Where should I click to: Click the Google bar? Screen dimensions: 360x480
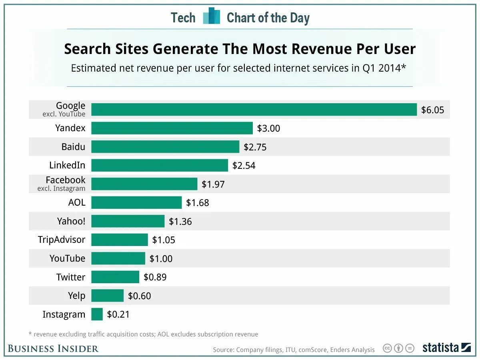[x=254, y=110]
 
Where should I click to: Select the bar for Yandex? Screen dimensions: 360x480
[x=172, y=128]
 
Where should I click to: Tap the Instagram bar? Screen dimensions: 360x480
[x=97, y=314]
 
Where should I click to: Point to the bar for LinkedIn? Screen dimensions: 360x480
[x=160, y=165]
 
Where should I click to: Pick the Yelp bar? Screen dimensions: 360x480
[x=107, y=296]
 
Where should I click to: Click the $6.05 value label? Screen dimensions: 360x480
[x=432, y=110]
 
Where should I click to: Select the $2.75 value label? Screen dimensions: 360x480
[x=255, y=147]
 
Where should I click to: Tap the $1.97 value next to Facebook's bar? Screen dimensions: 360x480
[x=213, y=184]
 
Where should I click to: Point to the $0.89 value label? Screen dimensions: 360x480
[x=155, y=277]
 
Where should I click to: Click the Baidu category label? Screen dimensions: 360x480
[x=73, y=147]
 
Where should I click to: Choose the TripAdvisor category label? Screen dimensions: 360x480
[x=61, y=240]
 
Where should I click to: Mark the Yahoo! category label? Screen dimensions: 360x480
[x=71, y=221]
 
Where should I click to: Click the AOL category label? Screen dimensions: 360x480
[x=77, y=202]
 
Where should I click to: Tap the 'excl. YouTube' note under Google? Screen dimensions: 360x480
[x=64, y=114]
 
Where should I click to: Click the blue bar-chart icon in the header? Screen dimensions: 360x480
[x=212, y=16]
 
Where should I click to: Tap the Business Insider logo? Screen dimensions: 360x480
[x=53, y=349]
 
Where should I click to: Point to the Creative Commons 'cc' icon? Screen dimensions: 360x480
[x=387, y=348]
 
